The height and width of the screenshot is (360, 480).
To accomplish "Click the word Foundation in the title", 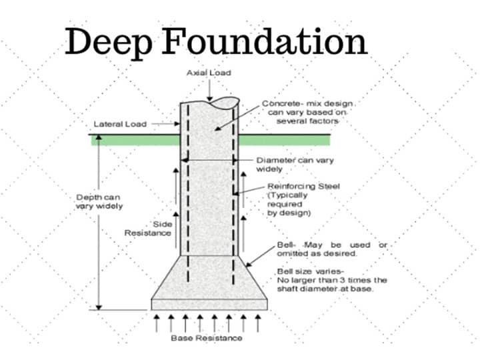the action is (265, 41).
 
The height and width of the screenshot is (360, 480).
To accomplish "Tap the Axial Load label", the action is (209, 73).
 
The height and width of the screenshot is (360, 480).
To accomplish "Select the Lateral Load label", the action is (120, 124).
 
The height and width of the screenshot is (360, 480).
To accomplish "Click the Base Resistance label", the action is (207, 338).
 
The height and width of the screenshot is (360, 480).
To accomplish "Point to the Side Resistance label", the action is (148, 229).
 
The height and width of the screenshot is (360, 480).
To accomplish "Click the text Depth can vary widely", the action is (99, 202).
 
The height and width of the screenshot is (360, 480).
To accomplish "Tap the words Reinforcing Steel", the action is (304, 186).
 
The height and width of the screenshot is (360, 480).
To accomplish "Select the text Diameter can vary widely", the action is (295, 165).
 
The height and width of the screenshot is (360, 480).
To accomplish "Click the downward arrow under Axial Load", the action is (209, 90).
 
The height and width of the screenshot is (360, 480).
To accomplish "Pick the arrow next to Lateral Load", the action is (165, 124).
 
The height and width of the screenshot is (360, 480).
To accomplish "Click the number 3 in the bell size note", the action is (341, 280).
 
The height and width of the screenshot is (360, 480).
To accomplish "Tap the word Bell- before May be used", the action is (287, 245).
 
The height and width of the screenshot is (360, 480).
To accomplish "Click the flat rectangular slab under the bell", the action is (209, 305).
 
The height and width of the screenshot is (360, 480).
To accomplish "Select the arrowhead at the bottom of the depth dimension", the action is (99, 307).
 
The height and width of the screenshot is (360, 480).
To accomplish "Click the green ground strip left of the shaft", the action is (135, 140).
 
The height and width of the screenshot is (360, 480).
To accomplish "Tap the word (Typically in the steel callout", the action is (287, 195).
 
